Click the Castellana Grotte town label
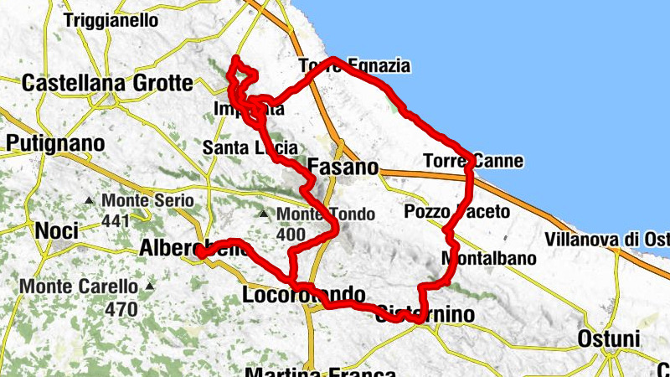click(x=107, y=84)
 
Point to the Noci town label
click(x=57, y=230)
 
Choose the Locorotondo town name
click(x=303, y=295)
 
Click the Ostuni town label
click(x=609, y=339)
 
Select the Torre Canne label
click(x=472, y=160)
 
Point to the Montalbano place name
click(x=488, y=258)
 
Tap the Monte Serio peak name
click(x=147, y=201)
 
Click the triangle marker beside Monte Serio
click(x=90, y=201)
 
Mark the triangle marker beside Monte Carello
click(x=149, y=286)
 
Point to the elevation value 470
click(x=122, y=308)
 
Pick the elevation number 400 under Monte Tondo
click(x=291, y=235)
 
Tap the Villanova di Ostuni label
click(x=606, y=240)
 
